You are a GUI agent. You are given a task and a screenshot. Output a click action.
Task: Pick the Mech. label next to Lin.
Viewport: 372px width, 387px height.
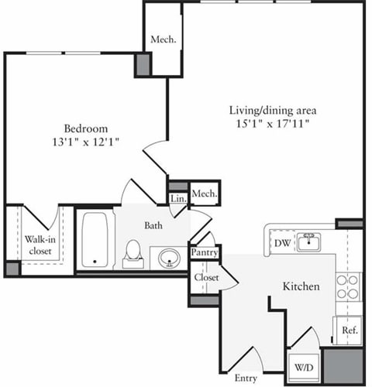pyautogui.click(x=204, y=193)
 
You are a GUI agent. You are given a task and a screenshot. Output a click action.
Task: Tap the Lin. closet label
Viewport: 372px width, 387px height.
pyautogui.click(x=178, y=199)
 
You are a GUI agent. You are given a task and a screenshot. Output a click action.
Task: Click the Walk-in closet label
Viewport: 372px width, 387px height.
pyautogui.click(x=36, y=245)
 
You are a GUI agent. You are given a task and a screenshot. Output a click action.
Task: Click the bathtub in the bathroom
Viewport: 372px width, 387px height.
pyautogui.click(x=95, y=239)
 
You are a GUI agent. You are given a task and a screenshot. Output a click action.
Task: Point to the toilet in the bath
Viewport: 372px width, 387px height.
pyautogui.click(x=133, y=252)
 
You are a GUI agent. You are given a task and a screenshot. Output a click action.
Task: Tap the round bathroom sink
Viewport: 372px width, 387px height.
pyautogui.click(x=168, y=256)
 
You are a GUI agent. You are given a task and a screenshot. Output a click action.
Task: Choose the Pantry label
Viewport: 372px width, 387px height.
pyautogui.click(x=205, y=252)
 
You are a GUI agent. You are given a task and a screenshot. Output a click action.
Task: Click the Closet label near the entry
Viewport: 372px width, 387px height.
pyautogui.click(x=206, y=277)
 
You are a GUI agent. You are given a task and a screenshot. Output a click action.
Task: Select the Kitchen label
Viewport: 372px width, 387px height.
pyautogui.click(x=301, y=286)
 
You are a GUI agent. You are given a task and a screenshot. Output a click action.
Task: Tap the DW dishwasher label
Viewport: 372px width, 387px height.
pyautogui.click(x=282, y=243)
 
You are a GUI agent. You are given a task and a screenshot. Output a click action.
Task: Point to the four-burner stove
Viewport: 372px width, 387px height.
pyautogui.click(x=347, y=286)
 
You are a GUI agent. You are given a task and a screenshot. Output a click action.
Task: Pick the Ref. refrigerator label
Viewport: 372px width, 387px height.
pyautogui.click(x=350, y=330)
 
